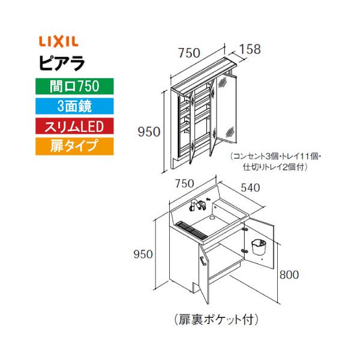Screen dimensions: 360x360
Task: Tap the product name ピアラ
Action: tap(58, 62)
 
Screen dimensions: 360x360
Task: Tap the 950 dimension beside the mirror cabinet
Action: tap(149, 131)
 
